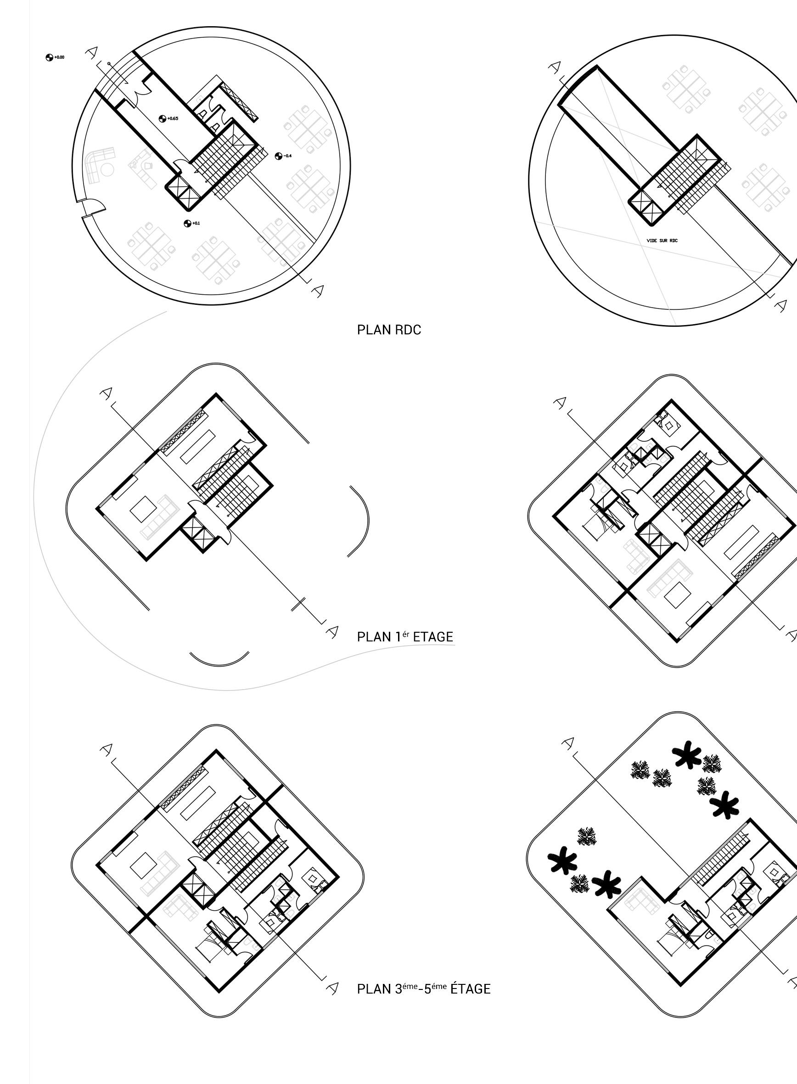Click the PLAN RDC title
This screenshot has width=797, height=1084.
(389, 330)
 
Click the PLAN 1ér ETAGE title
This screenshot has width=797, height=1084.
(405, 637)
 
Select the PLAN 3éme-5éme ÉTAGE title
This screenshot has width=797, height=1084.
(424, 989)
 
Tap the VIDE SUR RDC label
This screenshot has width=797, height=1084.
(662, 240)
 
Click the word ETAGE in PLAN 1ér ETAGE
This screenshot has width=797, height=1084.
(433, 637)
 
